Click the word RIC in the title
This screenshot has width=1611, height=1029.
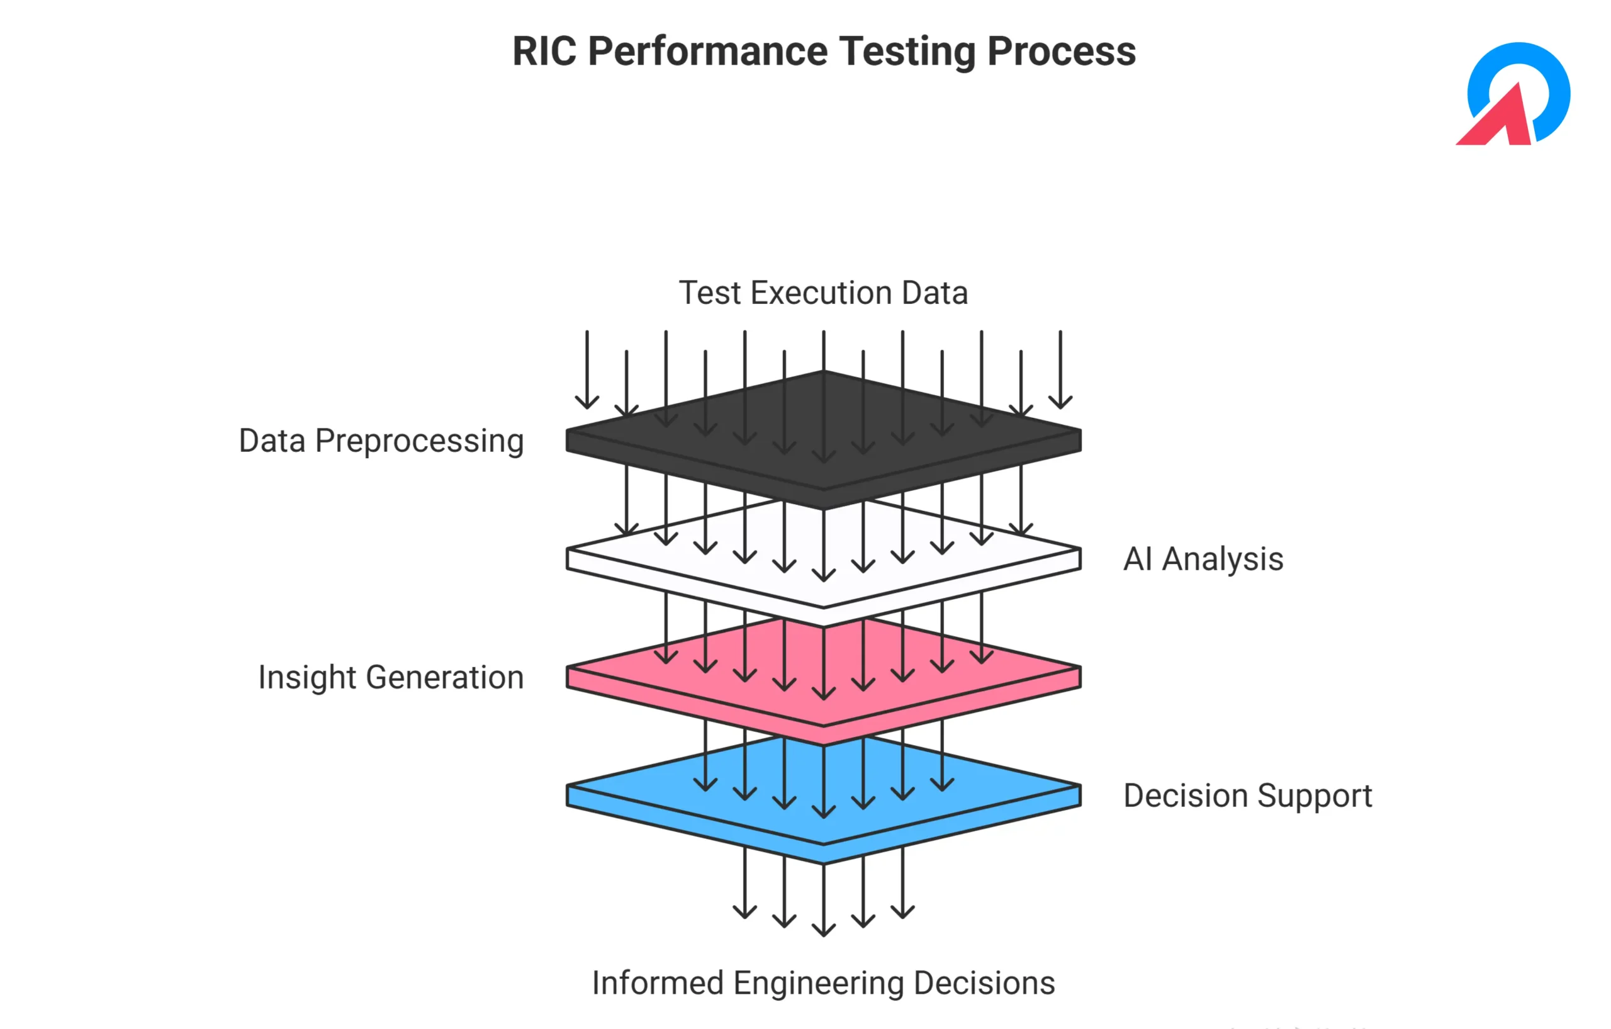(544, 51)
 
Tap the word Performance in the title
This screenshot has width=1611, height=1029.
(708, 52)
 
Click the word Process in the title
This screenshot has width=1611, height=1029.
(1062, 52)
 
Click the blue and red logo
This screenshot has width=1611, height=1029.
(1513, 94)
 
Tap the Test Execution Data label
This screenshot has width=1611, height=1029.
(824, 293)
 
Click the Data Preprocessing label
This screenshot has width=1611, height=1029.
(381, 442)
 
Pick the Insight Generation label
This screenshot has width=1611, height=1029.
(391, 678)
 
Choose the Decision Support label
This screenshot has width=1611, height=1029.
(1248, 796)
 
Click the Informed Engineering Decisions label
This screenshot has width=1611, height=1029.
(824, 984)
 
